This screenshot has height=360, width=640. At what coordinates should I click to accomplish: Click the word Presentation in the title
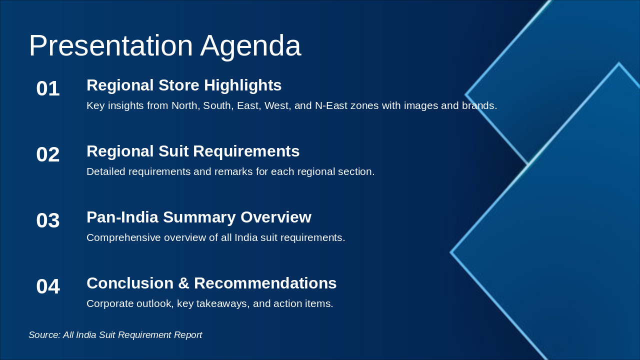[x=111, y=45]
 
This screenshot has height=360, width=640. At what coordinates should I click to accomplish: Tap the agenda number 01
[x=48, y=88]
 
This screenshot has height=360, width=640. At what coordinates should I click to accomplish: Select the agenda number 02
[x=48, y=154]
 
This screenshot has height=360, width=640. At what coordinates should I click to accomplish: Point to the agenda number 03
[x=48, y=220]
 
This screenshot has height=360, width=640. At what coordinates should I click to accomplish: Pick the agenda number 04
[x=48, y=286]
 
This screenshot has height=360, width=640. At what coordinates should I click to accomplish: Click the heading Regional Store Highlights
[x=184, y=85]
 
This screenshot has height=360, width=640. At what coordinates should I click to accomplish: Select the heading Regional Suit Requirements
[x=193, y=151]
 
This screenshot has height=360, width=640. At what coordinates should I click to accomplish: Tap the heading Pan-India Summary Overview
[x=199, y=217]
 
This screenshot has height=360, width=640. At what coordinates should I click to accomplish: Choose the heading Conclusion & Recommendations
[x=211, y=283]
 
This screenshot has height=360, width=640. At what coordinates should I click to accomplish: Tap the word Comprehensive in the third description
[x=123, y=237]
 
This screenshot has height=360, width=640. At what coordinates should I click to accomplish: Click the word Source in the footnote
[x=44, y=335]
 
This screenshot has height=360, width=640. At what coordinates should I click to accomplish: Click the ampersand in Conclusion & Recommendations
[x=183, y=283]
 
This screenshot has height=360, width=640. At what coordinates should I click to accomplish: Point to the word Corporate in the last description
[x=110, y=303]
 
